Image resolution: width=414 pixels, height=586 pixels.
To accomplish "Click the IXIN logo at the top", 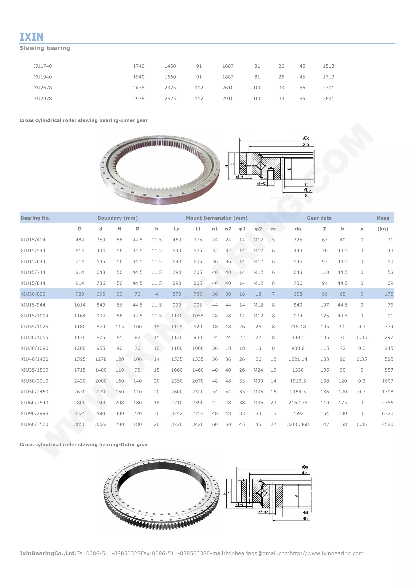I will click(32, 37).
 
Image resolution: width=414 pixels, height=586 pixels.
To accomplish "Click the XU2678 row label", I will click(43, 88).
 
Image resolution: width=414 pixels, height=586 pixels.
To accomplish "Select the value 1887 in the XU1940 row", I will click(228, 77).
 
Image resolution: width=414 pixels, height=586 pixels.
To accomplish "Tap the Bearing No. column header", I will click(35, 218).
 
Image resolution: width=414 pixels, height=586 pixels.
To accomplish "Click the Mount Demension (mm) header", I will click(217, 218).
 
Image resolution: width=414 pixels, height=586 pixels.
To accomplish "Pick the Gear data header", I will click(319, 218).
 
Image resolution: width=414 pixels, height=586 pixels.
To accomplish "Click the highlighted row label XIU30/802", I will click(33, 294).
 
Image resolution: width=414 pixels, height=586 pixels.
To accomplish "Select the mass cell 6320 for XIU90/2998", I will click(387, 413).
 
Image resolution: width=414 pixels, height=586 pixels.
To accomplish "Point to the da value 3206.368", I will click(298, 424).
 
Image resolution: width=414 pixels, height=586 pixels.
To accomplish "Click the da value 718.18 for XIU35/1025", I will click(298, 326).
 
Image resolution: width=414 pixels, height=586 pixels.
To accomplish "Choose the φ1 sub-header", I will click(242, 229).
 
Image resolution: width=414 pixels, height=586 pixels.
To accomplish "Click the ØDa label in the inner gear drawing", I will click(306, 138).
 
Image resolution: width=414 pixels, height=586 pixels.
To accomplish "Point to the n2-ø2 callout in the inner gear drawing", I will click(261, 183).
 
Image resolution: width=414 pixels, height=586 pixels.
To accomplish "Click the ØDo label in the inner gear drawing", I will click(307, 190).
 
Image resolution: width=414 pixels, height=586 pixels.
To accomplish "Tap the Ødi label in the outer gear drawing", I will click(305, 513).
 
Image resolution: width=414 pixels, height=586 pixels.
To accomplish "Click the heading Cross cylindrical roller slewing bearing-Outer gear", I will click(84, 444).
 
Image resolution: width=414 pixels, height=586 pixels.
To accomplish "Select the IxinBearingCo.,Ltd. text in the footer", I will click(48, 553).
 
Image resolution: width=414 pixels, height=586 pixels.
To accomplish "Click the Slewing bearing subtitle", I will click(45, 48).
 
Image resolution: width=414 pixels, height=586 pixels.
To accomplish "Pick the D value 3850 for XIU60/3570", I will click(80, 424).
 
